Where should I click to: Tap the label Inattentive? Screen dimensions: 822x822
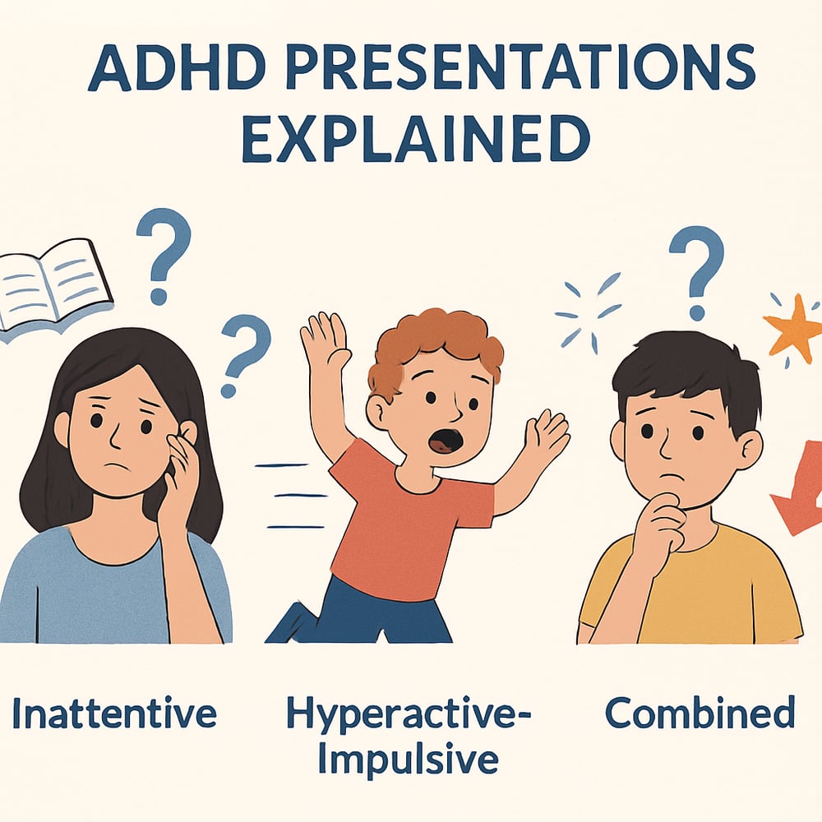click(114, 713)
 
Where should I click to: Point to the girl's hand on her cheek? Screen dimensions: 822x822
click(179, 477)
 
